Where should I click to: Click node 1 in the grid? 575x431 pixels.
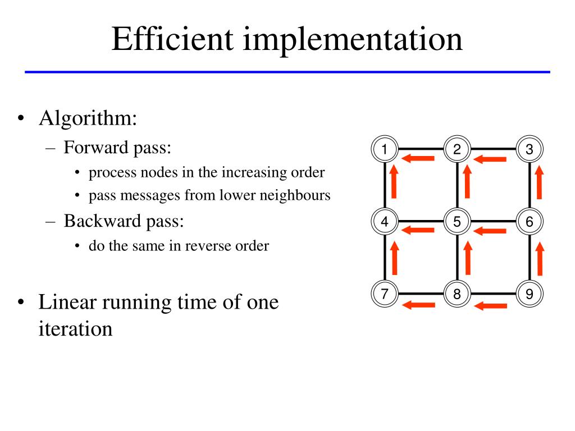coord(385,149)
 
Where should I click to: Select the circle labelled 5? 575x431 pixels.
coord(457,222)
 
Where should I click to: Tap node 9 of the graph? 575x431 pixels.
coord(530,294)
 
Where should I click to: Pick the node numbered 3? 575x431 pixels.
coord(530,149)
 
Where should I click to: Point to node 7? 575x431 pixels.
coord(385,294)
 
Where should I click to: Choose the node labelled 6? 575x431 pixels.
coord(530,222)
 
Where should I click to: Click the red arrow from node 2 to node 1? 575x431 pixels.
coord(419,159)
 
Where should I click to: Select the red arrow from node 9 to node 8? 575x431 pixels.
coord(491,305)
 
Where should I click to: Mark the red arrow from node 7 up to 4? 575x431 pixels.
coord(394,255)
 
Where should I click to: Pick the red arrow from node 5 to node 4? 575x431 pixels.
coord(419,230)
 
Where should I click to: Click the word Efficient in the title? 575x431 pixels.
coord(174,39)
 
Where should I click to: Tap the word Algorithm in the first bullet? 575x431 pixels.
coord(88,119)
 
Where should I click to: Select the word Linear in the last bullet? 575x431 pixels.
coord(66,302)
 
